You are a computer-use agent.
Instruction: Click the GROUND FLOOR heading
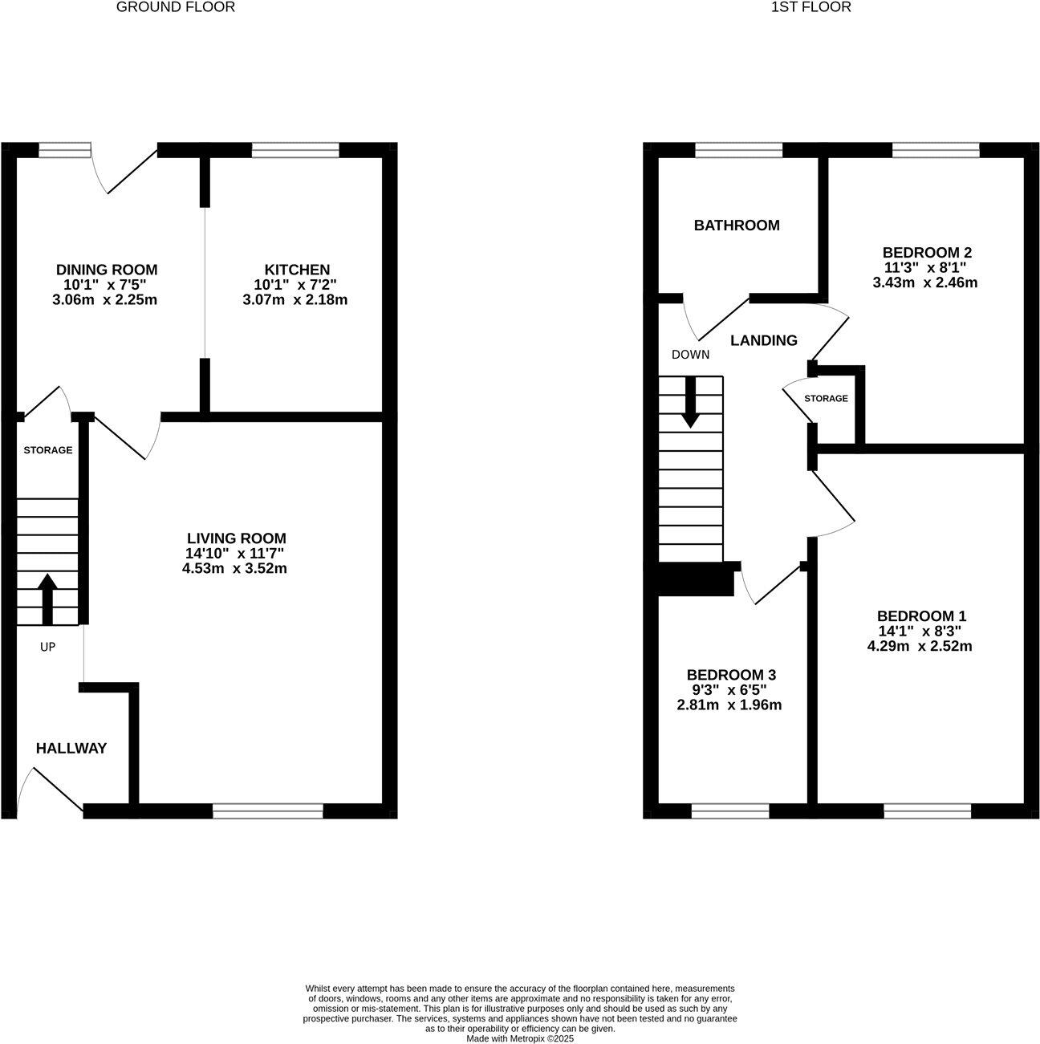(x=176, y=7)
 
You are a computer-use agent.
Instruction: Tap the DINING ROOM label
(x=106, y=270)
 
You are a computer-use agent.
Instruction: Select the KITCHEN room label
(x=297, y=270)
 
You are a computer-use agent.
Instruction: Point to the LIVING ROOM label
(x=236, y=538)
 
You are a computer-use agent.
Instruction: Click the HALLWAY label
(x=71, y=749)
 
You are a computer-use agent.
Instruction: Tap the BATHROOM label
(x=736, y=225)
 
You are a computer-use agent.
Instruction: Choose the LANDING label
(x=763, y=341)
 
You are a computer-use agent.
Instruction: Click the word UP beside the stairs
(x=47, y=647)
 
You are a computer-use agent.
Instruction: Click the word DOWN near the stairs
(x=690, y=355)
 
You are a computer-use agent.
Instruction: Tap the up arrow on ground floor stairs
(x=47, y=599)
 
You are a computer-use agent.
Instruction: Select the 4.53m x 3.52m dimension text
(x=234, y=569)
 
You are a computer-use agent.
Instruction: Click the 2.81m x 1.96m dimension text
(x=729, y=705)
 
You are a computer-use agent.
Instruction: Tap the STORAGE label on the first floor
(x=826, y=399)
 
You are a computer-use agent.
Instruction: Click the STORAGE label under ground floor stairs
(x=47, y=450)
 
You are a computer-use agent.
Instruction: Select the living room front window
(x=268, y=812)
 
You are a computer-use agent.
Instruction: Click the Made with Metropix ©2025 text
(x=520, y=1038)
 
